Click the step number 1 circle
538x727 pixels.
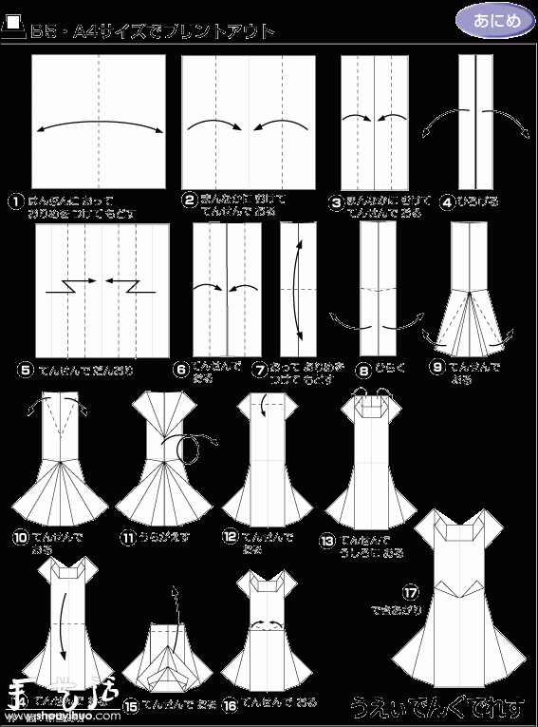coord(16,201)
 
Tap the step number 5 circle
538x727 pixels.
coord(25,370)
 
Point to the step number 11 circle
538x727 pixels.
coord(126,538)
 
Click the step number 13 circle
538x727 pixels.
coord(327,541)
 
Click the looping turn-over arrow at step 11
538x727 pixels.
coord(197,447)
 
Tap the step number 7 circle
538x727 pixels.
coord(259,369)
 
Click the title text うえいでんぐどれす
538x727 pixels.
coord(436,708)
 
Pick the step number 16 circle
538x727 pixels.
coord(230,704)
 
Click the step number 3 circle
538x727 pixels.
coord(337,201)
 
